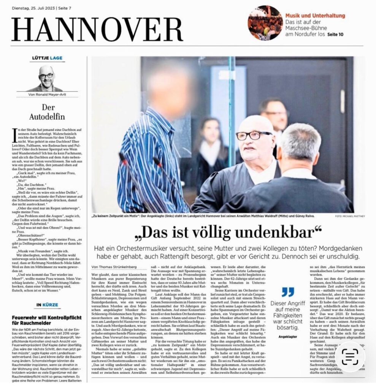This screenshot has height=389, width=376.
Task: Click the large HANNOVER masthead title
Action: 97,30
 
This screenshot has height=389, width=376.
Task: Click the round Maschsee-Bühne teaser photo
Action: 265,23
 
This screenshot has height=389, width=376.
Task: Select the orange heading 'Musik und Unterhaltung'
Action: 315,16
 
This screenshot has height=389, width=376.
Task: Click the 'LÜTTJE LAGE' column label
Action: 47,58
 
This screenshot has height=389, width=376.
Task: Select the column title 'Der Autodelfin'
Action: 47,112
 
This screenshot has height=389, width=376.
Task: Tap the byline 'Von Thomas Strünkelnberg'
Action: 114,267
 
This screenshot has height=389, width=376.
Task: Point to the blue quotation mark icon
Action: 288,292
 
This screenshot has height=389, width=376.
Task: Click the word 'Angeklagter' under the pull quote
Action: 288,336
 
